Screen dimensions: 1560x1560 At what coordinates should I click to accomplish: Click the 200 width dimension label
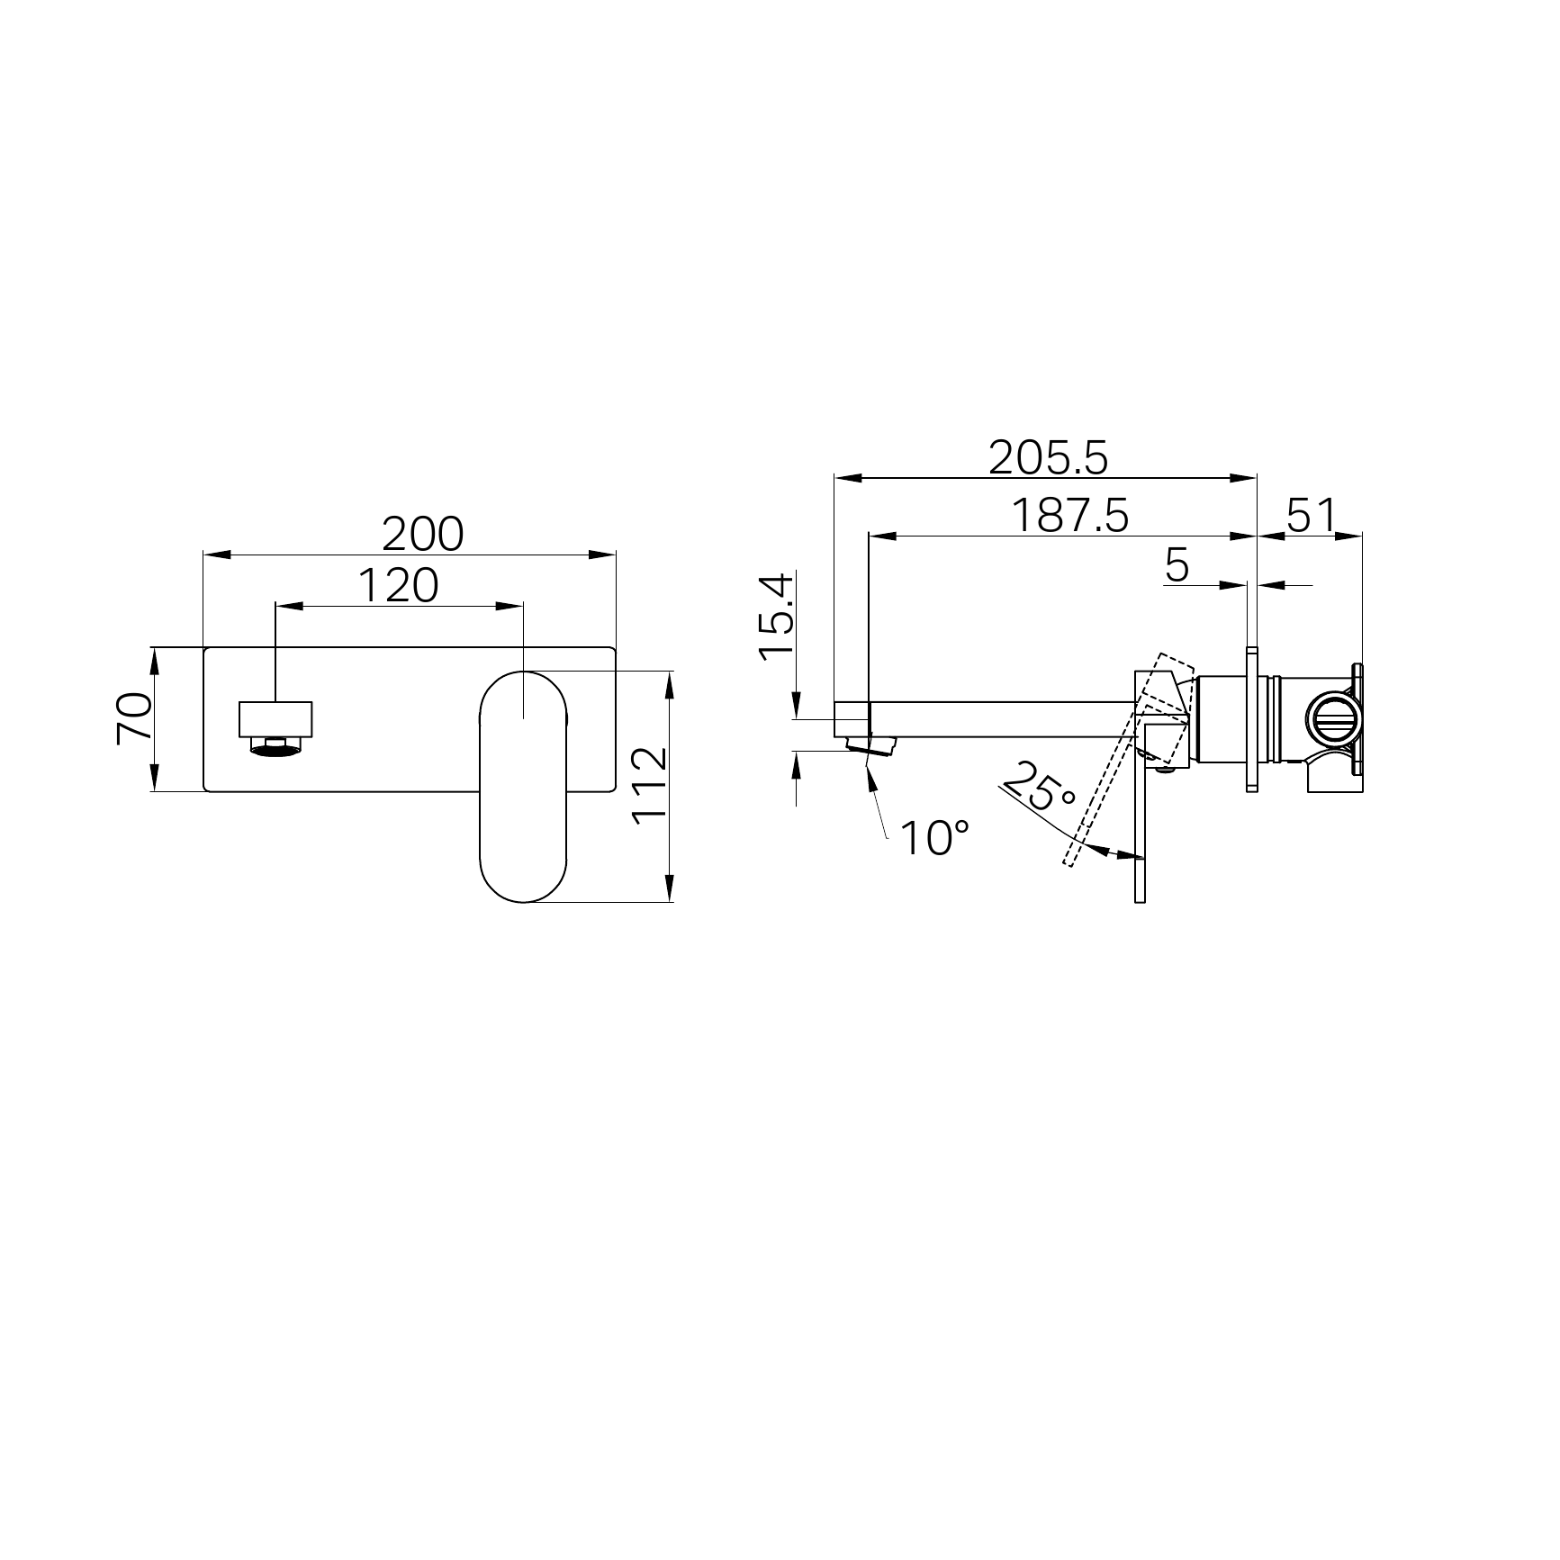coord(422,535)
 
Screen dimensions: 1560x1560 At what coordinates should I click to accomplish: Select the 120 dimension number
coord(398,586)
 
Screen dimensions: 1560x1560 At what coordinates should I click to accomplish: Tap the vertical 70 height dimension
coord(133,717)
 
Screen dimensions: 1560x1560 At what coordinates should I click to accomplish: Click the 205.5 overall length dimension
coord(1048,458)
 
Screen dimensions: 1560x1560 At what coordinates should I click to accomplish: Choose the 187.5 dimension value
coord(1069,517)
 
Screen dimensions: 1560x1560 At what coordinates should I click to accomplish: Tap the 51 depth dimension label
coord(1311,517)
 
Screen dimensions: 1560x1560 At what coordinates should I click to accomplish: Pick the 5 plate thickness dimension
coord(1177,565)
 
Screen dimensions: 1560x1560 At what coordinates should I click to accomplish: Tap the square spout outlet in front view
coord(275,718)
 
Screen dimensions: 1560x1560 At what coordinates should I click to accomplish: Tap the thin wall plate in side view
coord(1251,720)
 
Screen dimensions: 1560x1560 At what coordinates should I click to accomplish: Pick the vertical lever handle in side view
coord(1140,837)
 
